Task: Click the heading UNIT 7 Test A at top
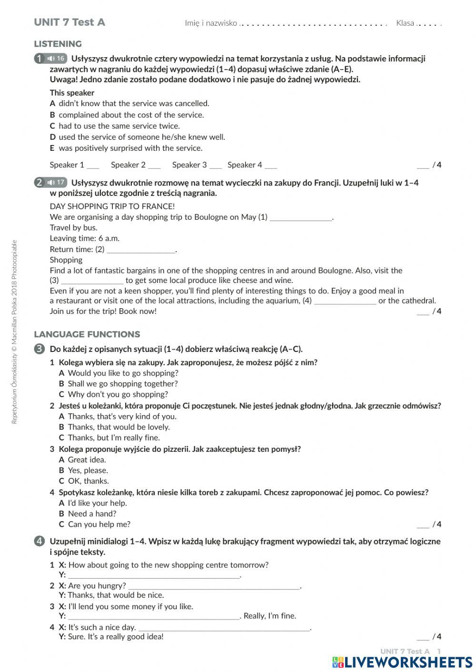[x=69, y=22]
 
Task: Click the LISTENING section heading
[x=58, y=44]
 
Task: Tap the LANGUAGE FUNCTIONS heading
[x=87, y=334]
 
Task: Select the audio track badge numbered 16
[x=56, y=58]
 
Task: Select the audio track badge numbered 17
[x=56, y=182]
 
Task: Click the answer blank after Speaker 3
[x=216, y=166]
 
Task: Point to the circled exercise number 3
[x=40, y=349]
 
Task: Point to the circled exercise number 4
[x=40, y=541]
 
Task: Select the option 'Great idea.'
[x=87, y=459]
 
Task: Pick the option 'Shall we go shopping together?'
[x=122, y=383]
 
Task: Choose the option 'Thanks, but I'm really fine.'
[x=114, y=438]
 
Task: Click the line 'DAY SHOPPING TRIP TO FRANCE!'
[x=112, y=206]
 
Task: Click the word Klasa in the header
[x=405, y=23]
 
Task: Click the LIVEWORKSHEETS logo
[x=402, y=662]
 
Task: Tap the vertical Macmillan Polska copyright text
[x=14, y=331]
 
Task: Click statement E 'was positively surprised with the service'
[x=130, y=148]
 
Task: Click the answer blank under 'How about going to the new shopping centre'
[x=154, y=575]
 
